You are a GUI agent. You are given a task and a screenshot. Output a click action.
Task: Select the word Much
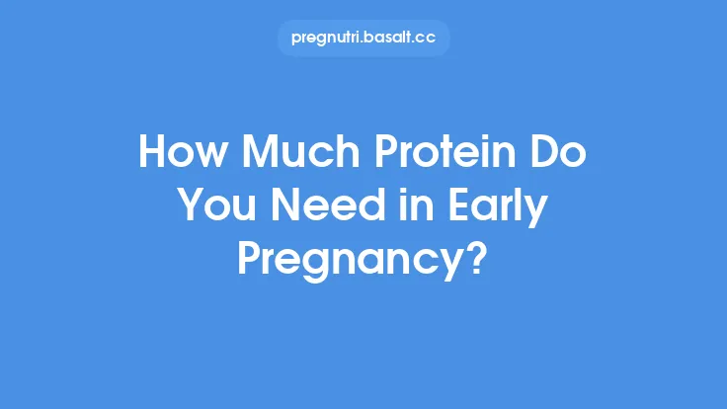(x=284, y=155)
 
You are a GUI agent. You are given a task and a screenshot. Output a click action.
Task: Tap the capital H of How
(x=153, y=155)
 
